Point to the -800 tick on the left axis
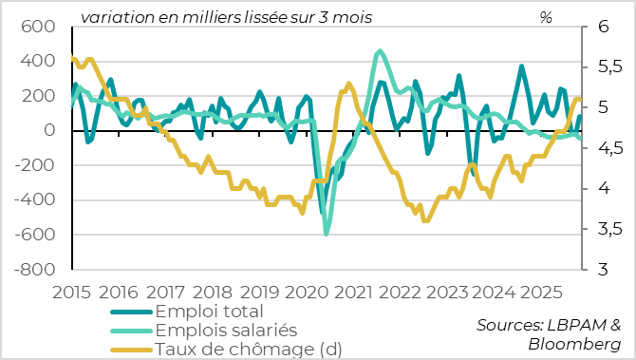point(37,270)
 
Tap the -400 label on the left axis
point(37,200)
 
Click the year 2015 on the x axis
point(71,292)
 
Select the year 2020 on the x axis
point(306,292)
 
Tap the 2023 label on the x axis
point(447,292)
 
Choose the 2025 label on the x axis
point(541,292)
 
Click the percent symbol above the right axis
point(546,17)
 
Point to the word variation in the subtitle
point(112,17)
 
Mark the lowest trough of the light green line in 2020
point(327,234)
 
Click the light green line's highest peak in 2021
point(381,51)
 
